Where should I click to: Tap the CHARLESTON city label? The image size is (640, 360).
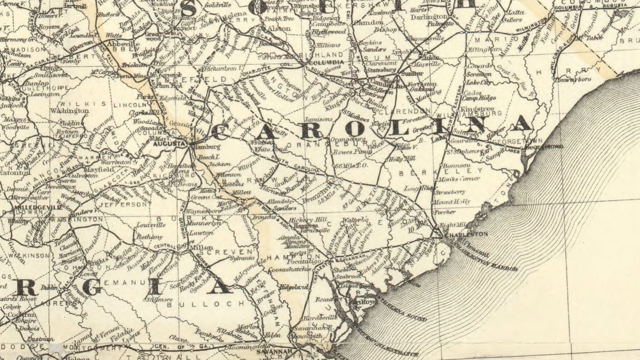[466, 235]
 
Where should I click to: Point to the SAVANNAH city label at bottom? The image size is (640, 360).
[274, 352]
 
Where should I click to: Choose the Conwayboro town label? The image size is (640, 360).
[574, 80]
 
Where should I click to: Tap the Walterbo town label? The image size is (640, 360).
[356, 220]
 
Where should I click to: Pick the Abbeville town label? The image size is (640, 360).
[123, 44]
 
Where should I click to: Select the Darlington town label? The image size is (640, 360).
[429, 17]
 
